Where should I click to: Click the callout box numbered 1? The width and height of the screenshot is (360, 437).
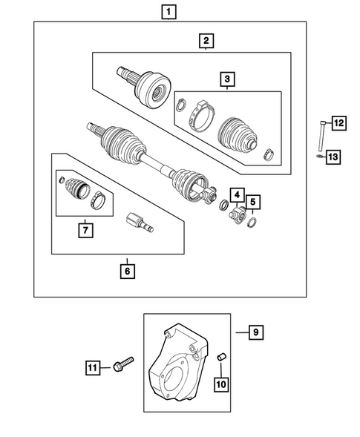(x=171, y=11)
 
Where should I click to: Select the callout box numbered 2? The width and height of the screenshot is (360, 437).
(x=206, y=41)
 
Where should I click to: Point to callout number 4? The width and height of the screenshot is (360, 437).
(x=236, y=194)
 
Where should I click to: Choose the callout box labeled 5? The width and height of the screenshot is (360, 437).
(x=253, y=201)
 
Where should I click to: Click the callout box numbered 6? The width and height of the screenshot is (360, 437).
(x=128, y=271)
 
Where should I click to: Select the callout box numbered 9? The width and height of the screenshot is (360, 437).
(x=255, y=333)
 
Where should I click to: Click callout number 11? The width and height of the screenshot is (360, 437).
(x=92, y=367)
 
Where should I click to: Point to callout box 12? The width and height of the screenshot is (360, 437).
(x=338, y=123)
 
